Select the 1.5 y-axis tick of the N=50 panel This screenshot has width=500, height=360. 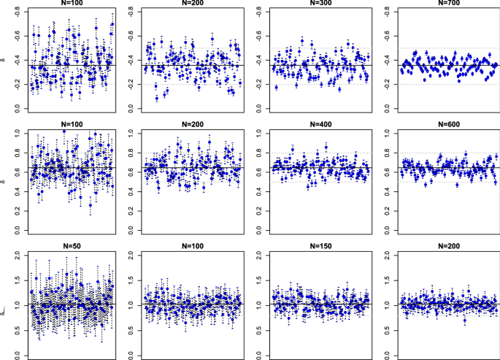coord(10,280)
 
